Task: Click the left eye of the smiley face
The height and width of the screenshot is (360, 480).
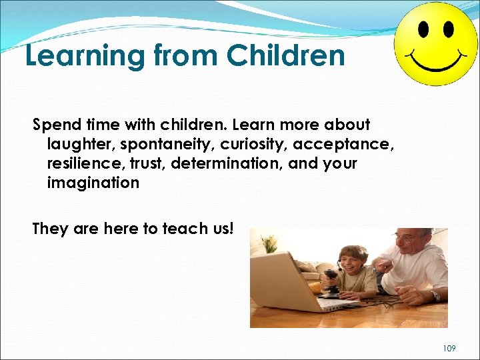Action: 423,29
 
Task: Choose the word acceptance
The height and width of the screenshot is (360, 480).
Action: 351,145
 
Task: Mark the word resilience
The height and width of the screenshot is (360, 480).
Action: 79,163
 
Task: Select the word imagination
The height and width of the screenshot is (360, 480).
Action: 93,183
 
